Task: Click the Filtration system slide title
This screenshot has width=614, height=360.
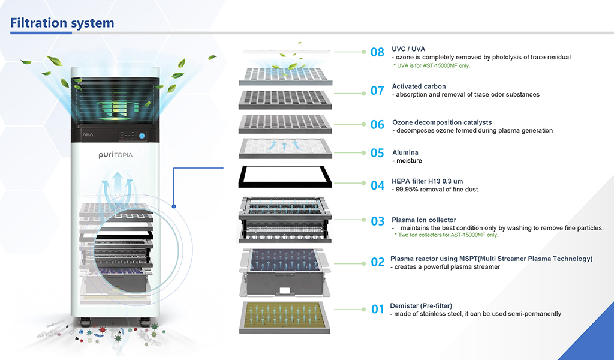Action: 62,23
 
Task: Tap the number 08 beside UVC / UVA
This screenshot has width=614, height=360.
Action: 377,52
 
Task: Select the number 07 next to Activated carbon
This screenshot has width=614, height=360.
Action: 377,91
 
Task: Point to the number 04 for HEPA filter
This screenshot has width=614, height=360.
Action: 377,185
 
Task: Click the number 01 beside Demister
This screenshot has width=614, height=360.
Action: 377,310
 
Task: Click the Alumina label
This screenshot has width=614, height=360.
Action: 405,152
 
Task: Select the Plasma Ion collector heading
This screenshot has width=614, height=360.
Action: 424,220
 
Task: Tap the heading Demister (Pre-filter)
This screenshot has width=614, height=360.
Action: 421,305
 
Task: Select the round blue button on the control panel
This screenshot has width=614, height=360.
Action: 142,136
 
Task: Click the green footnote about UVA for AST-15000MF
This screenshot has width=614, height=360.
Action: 432,65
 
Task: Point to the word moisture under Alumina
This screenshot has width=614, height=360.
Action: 407,161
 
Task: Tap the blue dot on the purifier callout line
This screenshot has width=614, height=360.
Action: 173,206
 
